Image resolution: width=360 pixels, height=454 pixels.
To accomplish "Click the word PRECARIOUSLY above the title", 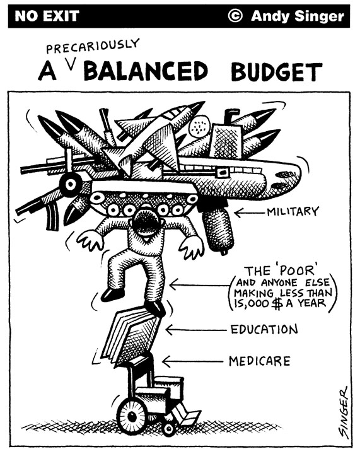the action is click(93, 46).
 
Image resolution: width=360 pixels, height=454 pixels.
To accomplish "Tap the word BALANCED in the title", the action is click(146, 71).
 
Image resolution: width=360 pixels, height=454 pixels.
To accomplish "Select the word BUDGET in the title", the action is click(276, 71).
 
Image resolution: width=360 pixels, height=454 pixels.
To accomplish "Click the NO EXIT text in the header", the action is click(47, 16).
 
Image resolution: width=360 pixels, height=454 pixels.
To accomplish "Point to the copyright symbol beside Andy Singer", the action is click(235, 16).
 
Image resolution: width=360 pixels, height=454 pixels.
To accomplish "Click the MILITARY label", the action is click(293, 211).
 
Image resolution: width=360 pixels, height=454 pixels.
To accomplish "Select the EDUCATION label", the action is click(264, 329).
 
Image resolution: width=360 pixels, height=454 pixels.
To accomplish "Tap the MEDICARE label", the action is click(259, 361).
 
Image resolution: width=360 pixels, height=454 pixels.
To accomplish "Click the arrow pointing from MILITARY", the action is click(250, 213).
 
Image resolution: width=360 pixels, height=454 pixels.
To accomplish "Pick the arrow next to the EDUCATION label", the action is click(196, 330).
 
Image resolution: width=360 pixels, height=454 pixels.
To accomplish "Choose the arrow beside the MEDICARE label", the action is click(193, 361).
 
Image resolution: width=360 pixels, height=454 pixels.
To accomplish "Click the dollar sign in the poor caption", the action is click(277, 304).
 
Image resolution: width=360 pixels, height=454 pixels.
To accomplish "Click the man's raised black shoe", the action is click(113, 294).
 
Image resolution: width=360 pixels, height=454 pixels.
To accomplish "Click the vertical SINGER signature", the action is click(344, 412).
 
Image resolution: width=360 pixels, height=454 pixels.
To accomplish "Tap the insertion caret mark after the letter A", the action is click(71, 65).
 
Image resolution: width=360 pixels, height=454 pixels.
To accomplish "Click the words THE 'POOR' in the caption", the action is click(279, 271).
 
